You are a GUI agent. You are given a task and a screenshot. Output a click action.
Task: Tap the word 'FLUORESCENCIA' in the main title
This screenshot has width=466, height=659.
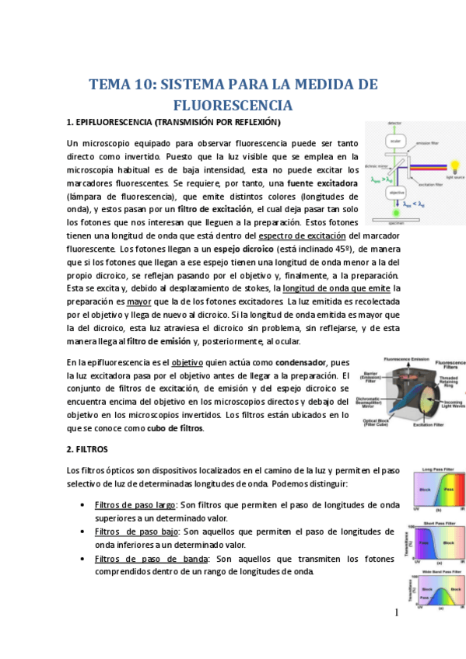(x=233, y=105)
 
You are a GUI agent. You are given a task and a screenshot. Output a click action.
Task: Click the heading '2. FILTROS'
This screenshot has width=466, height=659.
(x=87, y=449)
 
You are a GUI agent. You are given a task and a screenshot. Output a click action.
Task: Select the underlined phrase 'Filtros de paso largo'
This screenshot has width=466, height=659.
(x=134, y=504)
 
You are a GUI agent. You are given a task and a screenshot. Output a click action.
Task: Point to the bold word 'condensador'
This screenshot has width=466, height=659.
(x=303, y=362)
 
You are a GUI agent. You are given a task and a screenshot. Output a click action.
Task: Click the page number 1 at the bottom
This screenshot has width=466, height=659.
(x=395, y=635)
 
